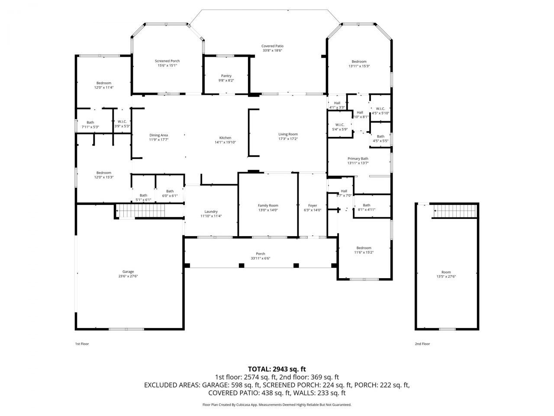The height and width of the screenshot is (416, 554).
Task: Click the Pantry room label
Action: click(226, 76)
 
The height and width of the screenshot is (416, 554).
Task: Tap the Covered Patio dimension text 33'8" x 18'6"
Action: click(272, 50)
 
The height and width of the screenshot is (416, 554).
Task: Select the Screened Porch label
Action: click(167, 61)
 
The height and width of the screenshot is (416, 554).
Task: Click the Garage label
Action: click(128, 272)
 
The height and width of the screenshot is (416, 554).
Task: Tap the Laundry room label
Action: click(211, 211)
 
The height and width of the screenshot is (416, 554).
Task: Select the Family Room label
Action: click(268, 205)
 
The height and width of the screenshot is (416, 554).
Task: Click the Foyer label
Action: click(312, 205)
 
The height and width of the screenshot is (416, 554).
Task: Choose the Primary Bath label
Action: click(358, 159)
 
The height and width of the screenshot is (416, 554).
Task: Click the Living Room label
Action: click(288, 134)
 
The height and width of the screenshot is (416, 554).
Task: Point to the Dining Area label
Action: click(158, 135)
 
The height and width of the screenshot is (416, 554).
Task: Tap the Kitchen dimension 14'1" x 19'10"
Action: click(225, 142)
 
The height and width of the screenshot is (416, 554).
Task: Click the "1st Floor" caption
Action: click(82, 344)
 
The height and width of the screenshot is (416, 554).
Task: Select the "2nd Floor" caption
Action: click(422, 344)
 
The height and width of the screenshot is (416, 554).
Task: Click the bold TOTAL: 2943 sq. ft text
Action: click(277, 369)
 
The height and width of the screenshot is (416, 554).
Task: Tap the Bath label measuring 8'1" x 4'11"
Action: click(367, 205)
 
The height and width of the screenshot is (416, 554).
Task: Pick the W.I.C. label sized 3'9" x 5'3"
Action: click(122, 121)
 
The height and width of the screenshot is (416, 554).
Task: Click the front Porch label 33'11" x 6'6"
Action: click(261, 254)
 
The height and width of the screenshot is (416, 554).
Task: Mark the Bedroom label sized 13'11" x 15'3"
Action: click(359, 62)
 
